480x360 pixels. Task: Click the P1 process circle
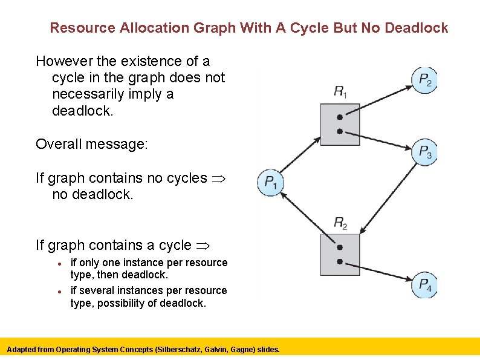click(270, 182)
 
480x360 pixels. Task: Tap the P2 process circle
click(424, 79)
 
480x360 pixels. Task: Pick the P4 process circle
click(424, 284)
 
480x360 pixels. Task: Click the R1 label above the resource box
click(340, 92)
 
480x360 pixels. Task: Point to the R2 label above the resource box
click(340, 223)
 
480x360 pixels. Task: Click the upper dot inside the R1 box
click(340, 117)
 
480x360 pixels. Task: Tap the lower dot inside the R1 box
click(340, 131)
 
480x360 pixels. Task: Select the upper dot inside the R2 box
click(340, 247)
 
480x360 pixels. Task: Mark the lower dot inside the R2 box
click(340, 261)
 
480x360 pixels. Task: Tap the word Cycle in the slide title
click(321, 28)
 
